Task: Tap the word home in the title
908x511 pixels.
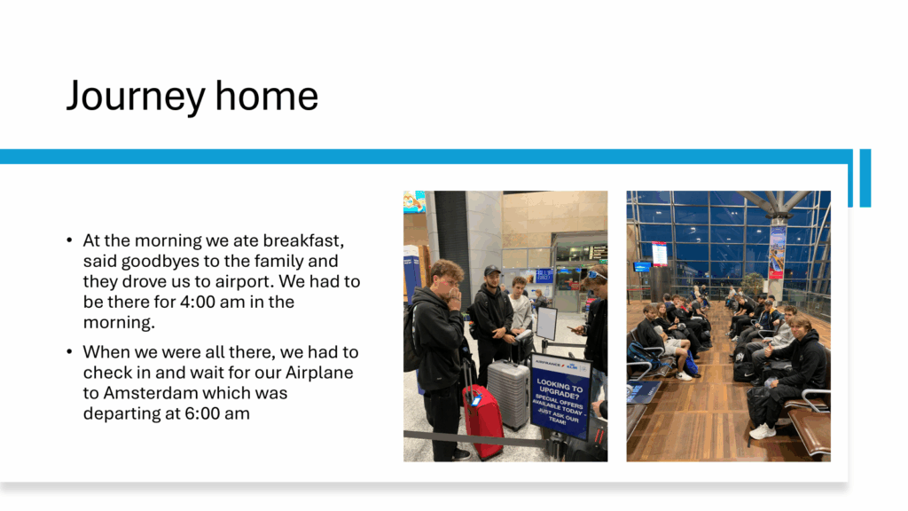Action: pos(266,95)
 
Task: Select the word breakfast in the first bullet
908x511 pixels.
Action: pos(303,240)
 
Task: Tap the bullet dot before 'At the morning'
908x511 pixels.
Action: pos(69,240)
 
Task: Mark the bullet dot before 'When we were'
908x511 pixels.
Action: pos(69,351)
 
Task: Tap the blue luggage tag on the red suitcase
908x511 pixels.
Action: pos(476,399)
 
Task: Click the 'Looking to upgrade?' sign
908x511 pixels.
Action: pos(560,396)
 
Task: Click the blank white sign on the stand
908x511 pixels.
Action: pos(546,323)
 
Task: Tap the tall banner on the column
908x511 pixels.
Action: pos(777,253)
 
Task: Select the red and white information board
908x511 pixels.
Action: pos(659,254)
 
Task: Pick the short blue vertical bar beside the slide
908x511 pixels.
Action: pos(865,177)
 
